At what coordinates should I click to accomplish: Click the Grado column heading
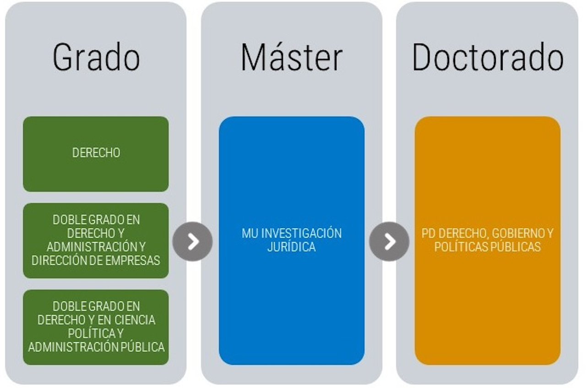(96, 57)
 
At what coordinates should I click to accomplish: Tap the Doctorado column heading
(488, 57)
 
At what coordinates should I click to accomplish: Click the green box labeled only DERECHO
(96, 154)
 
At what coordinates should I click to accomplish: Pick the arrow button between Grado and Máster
(193, 241)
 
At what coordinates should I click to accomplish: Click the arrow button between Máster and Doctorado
(389, 241)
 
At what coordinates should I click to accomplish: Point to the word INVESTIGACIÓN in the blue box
(301, 233)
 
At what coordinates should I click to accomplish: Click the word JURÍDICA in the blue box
(292, 246)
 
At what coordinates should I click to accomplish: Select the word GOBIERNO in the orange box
(513, 233)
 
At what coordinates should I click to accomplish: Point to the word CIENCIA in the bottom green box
(135, 320)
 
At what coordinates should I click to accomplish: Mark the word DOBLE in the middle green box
(69, 220)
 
